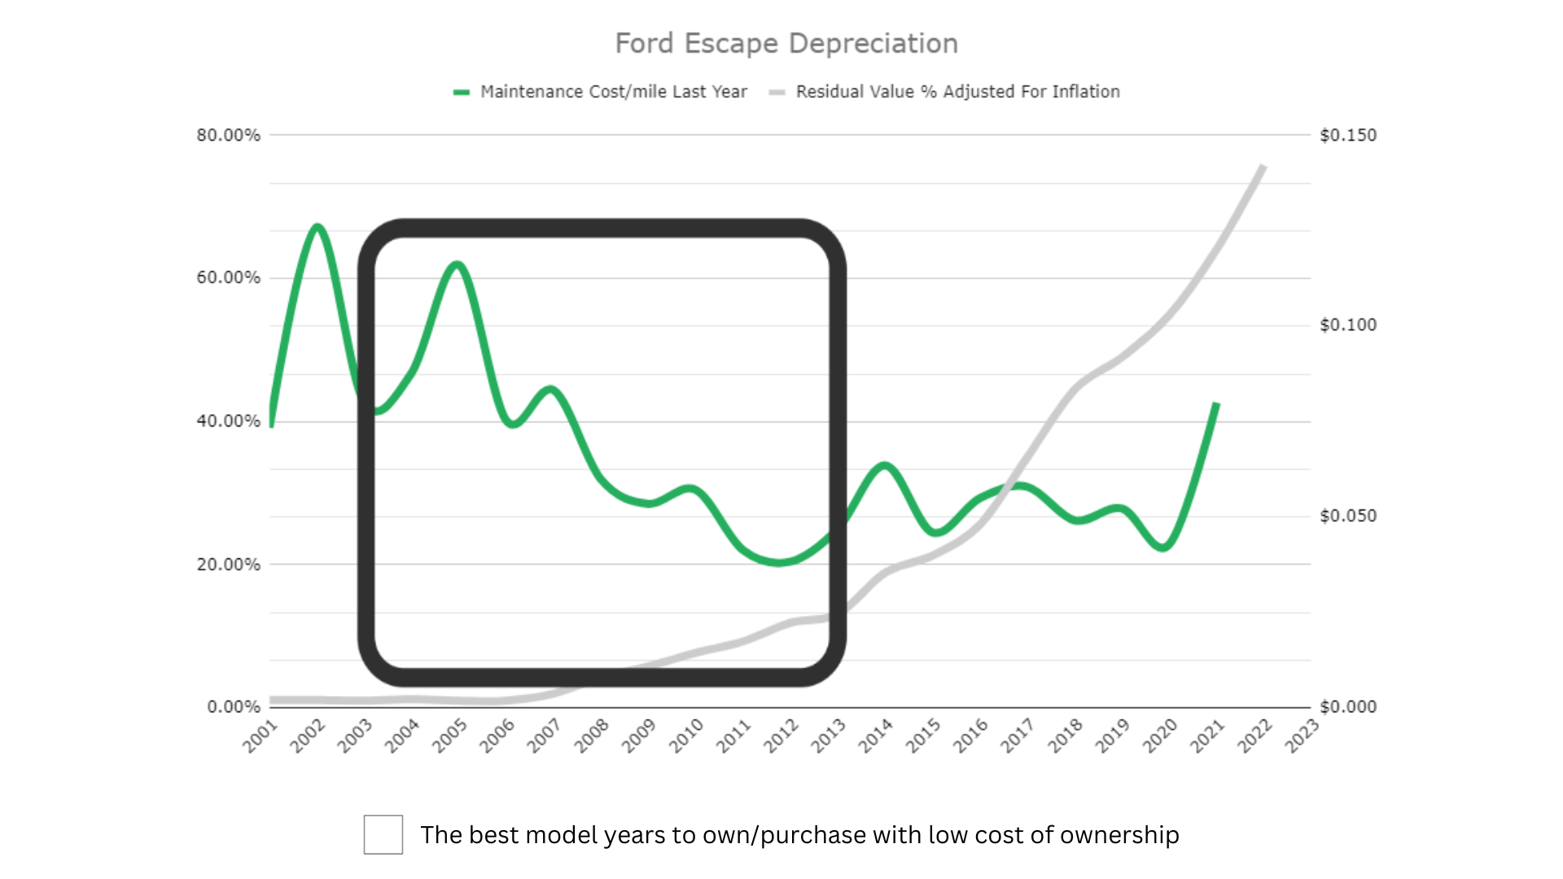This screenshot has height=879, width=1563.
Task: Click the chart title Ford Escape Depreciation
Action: tap(786, 43)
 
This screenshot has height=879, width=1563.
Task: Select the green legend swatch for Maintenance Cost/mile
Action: tap(462, 92)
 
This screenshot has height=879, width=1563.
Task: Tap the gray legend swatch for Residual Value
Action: tap(777, 92)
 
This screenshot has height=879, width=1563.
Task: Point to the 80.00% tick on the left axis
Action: tap(228, 135)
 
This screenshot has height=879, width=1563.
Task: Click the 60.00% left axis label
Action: tap(228, 278)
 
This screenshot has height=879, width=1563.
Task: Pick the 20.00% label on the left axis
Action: tap(228, 564)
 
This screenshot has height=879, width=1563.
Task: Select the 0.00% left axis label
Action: tap(234, 706)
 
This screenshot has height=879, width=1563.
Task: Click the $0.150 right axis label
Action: tap(1348, 135)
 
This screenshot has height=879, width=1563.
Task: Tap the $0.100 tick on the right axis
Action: tap(1348, 325)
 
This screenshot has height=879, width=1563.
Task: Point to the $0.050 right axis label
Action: tap(1348, 516)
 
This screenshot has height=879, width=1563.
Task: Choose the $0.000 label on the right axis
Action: tap(1348, 706)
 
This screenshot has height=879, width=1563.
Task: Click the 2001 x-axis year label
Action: tap(260, 736)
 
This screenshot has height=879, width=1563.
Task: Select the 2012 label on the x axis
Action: tap(781, 736)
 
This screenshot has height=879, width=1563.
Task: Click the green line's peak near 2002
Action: tap(317, 226)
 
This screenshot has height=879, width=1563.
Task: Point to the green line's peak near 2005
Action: tap(458, 264)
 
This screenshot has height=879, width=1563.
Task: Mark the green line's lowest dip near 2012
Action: tap(779, 562)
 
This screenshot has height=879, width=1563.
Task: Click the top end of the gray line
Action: tap(1263, 166)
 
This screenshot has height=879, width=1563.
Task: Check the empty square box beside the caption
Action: tap(383, 834)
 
